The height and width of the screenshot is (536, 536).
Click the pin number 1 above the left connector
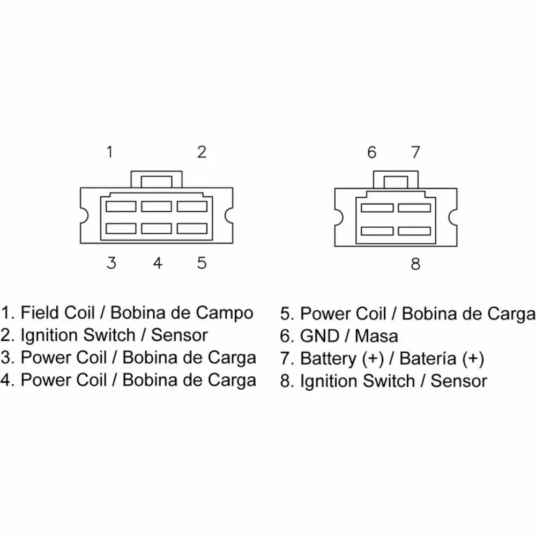coord(110,152)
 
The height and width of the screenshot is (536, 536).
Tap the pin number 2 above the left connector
coord(202,152)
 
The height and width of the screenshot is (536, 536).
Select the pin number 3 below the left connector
coord(111,263)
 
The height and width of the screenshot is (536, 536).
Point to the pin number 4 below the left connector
coord(157,263)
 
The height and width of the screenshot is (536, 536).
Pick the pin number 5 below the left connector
coord(202,263)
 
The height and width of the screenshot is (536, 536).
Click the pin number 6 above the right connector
coord(372,152)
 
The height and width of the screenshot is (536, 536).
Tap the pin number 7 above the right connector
coord(415,152)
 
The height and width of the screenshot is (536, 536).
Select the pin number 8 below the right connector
coord(415,264)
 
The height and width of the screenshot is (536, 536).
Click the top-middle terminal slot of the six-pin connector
coord(157,206)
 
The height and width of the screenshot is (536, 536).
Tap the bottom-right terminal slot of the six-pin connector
coord(192,228)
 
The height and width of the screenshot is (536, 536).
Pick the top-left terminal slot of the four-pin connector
coord(377,208)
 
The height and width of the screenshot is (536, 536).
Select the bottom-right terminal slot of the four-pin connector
coord(414,231)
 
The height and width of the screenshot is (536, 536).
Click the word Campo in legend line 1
coord(225,313)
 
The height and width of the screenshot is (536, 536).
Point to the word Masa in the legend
coord(376,336)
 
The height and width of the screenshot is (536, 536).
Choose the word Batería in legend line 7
coord(428,359)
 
